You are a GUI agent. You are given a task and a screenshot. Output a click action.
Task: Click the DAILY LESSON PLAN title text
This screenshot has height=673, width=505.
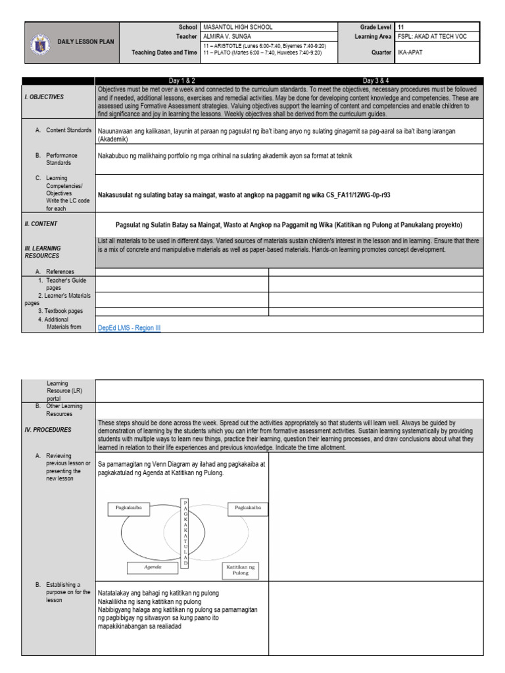pyautogui.click(x=85, y=41)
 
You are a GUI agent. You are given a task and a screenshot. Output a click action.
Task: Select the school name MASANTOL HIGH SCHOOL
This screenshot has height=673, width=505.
pyautogui.click(x=237, y=27)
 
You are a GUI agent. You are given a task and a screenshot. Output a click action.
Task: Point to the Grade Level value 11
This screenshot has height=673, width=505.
pyautogui.click(x=400, y=27)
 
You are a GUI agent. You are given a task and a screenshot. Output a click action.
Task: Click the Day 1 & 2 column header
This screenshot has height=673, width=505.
pyautogui.click(x=181, y=80)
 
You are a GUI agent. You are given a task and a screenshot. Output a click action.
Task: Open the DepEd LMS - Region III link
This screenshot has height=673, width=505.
pyautogui.click(x=129, y=327)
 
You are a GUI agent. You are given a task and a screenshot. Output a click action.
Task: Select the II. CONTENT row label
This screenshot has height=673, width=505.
pyautogui.click(x=41, y=223)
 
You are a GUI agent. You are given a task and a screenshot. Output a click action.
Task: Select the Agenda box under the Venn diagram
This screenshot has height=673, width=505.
pyautogui.click(x=153, y=566)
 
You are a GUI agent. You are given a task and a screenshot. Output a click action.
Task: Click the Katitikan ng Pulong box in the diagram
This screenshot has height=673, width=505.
pyautogui.click(x=241, y=569)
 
